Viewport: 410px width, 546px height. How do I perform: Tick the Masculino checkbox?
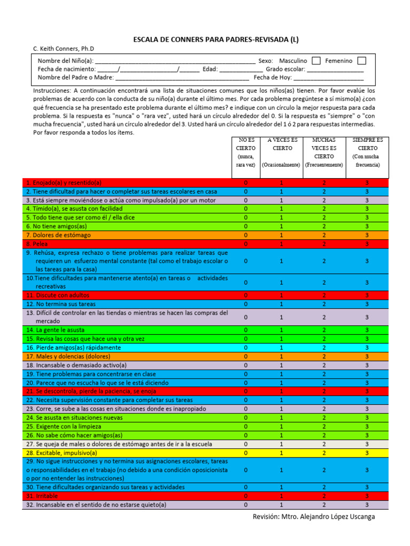pyautogui.click(x=316, y=61)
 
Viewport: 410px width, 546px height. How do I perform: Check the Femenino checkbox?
pyautogui.click(x=361, y=61)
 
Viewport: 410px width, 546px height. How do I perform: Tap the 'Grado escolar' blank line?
pyautogui.click(x=335, y=69)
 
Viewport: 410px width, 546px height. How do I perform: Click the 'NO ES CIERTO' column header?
pyautogui.click(x=246, y=152)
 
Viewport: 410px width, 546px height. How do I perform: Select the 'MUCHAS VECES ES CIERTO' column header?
pyautogui.click(x=324, y=152)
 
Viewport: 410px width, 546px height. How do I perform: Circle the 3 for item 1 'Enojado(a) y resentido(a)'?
pyautogui.click(x=367, y=182)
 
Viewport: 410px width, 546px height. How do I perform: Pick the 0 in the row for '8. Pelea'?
pyautogui.click(x=246, y=244)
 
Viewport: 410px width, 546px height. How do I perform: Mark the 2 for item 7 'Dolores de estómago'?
pyautogui.click(x=324, y=235)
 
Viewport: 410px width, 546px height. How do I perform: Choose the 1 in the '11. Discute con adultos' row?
pyautogui.click(x=281, y=295)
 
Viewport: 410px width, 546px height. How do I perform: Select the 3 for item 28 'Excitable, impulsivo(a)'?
pyautogui.click(x=367, y=453)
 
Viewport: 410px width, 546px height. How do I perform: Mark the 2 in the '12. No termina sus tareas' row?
pyautogui.click(x=324, y=304)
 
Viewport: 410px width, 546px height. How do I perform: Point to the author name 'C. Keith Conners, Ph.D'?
pyautogui.click(x=64, y=49)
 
